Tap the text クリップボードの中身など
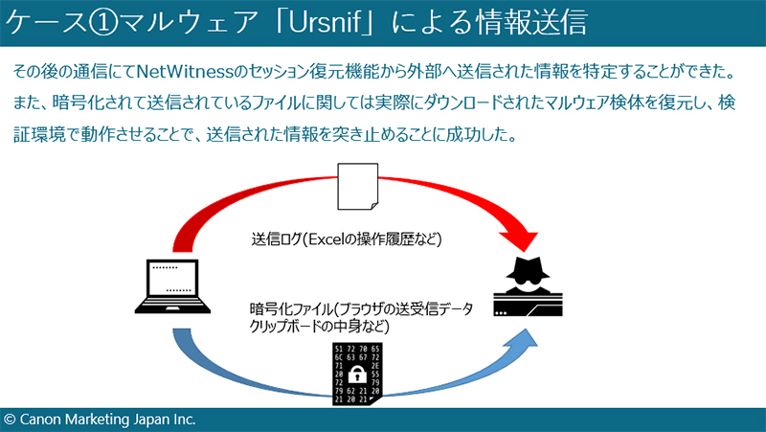pyautogui.click(x=320, y=327)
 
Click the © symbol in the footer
pyautogui.click(x=10, y=420)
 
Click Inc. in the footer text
pyautogui.click(x=182, y=420)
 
